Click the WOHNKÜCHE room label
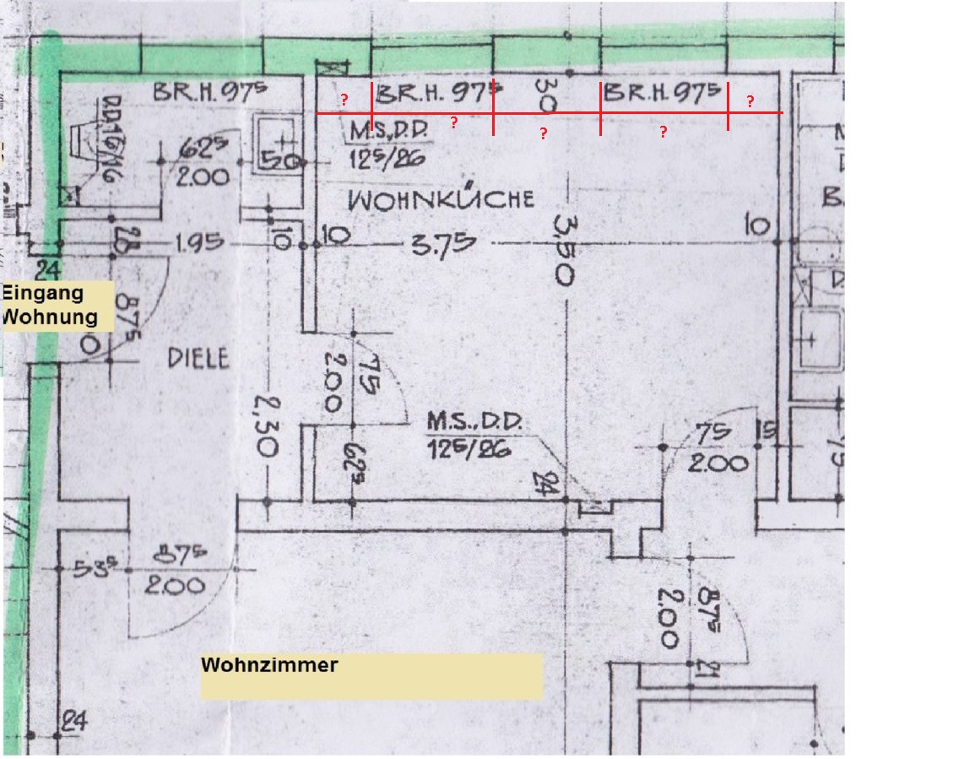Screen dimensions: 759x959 click(x=442, y=200)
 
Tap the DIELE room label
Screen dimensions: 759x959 click(x=198, y=358)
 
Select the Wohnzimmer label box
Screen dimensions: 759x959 click(x=371, y=675)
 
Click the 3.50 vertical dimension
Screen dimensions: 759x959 click(x=563, y=250)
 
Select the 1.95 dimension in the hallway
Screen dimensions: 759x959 click(x=200, y=244)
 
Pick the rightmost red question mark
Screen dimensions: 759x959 click(x=750, y=102)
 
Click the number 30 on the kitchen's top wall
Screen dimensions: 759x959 click(x=546, y=94)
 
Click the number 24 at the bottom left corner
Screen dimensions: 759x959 click(x=74, y=723)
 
